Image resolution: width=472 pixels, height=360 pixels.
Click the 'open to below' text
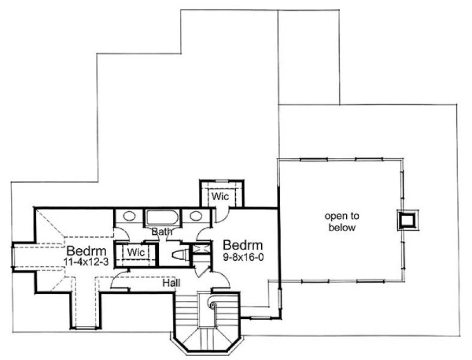click(340, 222)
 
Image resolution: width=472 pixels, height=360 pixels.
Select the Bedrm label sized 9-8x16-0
click(242, 244)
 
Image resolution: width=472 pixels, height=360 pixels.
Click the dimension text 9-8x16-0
click(243, 257)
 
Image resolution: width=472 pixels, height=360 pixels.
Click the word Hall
click(171, 282)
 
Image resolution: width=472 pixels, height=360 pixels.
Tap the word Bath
click(161, 232)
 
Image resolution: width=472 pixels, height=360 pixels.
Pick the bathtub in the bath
click(163, 218)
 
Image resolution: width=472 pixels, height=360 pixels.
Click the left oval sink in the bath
click(129, 216)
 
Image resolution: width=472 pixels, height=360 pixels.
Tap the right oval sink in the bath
click(196, 216)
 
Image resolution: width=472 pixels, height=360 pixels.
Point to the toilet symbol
click(179, 255)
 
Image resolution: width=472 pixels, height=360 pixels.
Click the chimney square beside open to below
click(407, 220)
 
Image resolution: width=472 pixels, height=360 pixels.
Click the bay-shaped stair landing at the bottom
click(205, 339)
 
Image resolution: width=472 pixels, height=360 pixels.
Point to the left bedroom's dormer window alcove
click(24, 256)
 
